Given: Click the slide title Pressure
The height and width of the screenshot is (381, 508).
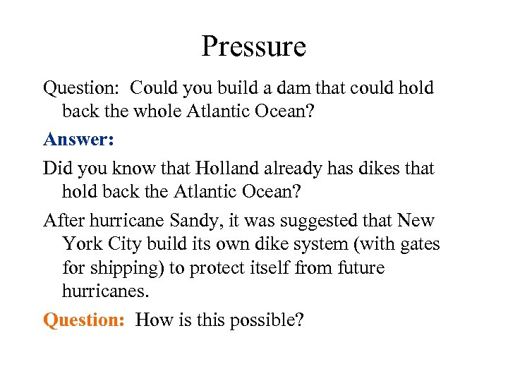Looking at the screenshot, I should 253,47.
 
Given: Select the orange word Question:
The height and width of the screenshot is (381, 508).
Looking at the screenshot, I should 84,320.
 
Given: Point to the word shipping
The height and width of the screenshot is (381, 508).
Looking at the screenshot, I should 128,268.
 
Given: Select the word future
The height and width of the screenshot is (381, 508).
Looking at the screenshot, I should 361,268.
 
